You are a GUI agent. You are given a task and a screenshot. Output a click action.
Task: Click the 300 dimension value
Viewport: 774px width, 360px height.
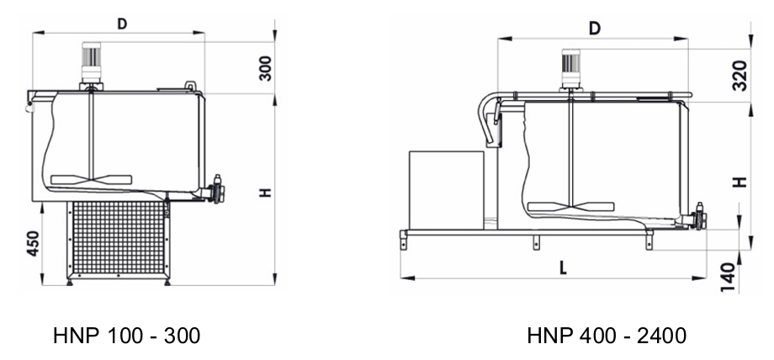coord(265,68)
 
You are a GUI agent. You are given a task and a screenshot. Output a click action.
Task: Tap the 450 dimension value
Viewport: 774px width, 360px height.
coord(33,243)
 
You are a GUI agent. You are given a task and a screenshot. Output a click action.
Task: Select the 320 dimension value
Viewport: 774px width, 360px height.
coord(740,76)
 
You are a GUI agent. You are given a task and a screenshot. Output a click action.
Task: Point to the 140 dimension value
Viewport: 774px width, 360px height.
coord(728,277)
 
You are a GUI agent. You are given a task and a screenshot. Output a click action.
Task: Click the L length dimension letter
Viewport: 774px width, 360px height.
coord(563,267)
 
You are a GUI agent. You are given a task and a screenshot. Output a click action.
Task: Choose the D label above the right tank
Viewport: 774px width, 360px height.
coord(595,29)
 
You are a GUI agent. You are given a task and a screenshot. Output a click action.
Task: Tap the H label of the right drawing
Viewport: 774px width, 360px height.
coord(740,182)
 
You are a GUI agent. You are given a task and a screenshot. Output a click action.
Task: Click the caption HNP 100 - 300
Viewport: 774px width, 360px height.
coord(126,336)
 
